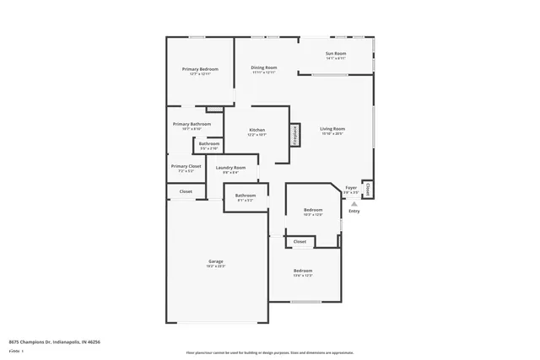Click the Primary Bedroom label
coord(200,69)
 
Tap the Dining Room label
coord(263,67)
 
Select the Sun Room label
coord(336,54)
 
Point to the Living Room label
coord(332,129)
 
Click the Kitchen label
coord(256,131)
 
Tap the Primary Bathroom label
coord(192,124)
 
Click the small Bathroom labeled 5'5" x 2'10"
coord(208,143)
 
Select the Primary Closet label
coord(186,166)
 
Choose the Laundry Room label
coord(230,168)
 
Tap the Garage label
coord(216,261)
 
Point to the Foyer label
coord(351,187)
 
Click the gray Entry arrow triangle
coord(354,203)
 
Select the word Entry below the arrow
coord(354,212)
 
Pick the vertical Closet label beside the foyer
coord(368,189)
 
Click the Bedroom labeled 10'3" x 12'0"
coord(313,210)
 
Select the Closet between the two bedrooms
coord(300,242)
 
